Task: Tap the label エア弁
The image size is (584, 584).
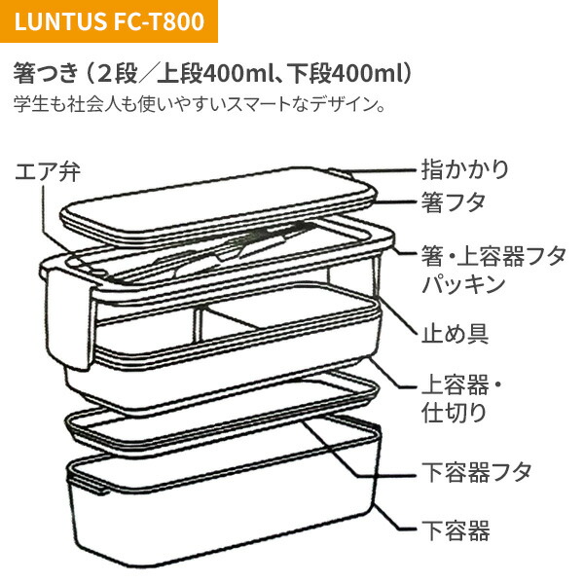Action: [47, 172]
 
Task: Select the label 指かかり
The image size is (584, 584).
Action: [464, 167]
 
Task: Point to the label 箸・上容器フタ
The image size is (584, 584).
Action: [493, 257]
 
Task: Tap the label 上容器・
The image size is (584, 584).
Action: [458, 384]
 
